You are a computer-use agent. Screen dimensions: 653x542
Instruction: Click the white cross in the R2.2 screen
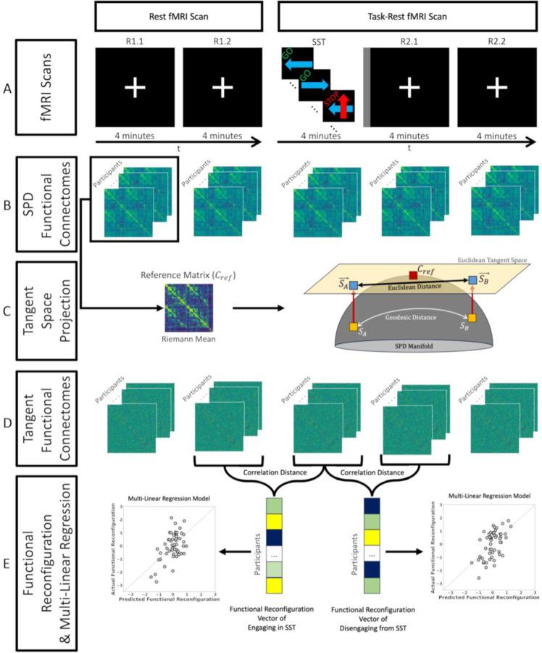(x=496, y=89)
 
